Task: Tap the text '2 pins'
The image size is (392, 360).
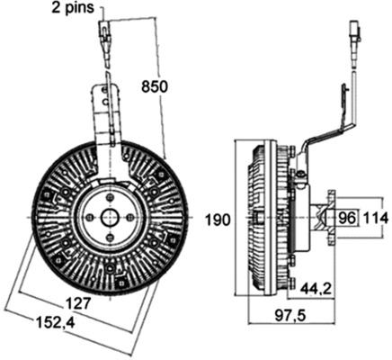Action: coord(73,7)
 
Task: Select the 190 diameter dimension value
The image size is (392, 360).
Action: coord(218,220)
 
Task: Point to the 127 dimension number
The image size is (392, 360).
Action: coord(77,303)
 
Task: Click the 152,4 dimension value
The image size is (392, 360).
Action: coord(55,323)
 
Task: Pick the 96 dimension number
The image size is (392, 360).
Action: coord(347,218)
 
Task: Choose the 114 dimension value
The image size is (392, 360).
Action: coord(376,218)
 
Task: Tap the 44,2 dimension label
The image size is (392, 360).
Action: coord(316,289)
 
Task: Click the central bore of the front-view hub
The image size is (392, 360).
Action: coord(110,217)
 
